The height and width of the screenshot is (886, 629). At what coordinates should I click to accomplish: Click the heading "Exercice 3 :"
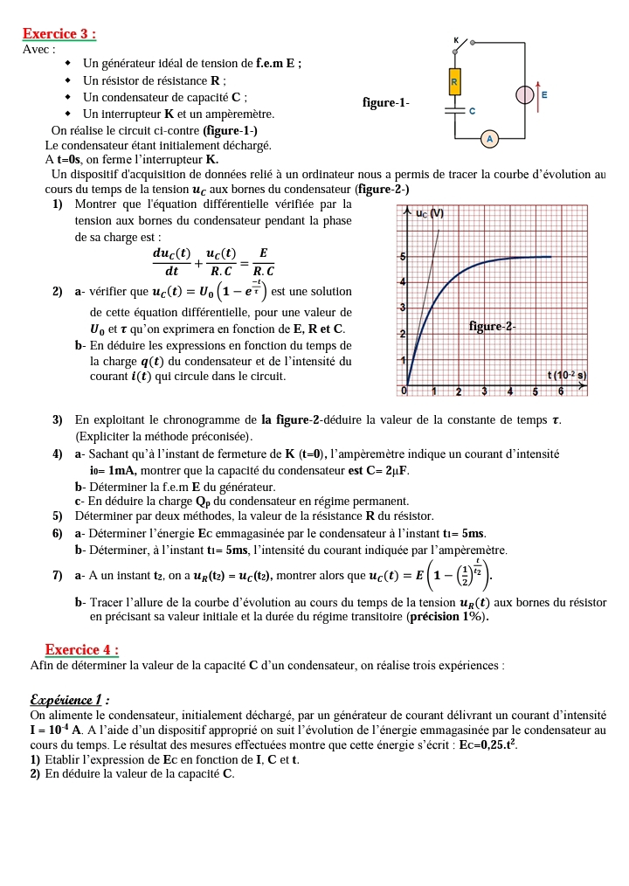point(59,34)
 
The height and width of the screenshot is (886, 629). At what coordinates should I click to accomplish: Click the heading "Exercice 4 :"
point(82,649)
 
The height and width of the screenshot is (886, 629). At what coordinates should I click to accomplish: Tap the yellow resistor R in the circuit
point(454,83)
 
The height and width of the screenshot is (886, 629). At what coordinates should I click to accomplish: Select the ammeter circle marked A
point(489,139)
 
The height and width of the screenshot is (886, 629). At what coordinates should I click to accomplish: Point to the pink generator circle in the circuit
point(525,94)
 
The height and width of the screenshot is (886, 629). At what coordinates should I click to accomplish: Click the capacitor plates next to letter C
point(454,112)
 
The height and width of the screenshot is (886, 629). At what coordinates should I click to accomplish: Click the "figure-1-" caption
point(385,103)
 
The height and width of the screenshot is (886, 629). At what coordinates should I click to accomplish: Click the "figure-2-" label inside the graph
point(492,327)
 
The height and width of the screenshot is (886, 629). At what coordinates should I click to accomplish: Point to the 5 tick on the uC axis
point(402,257)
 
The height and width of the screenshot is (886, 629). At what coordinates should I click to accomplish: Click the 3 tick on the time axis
point(483,391)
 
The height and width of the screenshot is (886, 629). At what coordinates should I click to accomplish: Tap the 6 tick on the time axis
point(560,391)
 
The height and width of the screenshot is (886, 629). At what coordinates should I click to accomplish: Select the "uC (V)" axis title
point(429,213)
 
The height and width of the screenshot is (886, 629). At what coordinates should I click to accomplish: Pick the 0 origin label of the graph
point(404,391)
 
